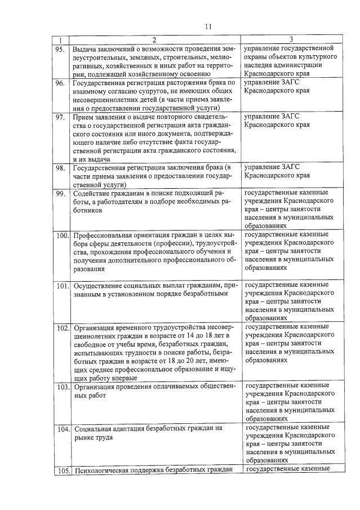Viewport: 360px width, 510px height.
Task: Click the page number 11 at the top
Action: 208,26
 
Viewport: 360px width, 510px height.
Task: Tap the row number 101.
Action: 61,286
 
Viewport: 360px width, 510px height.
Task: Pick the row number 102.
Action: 61,328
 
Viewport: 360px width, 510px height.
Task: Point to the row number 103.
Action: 61,387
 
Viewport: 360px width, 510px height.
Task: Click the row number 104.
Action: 61,429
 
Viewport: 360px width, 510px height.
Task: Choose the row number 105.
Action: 61,471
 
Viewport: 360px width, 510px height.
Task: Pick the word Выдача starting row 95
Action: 85,48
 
